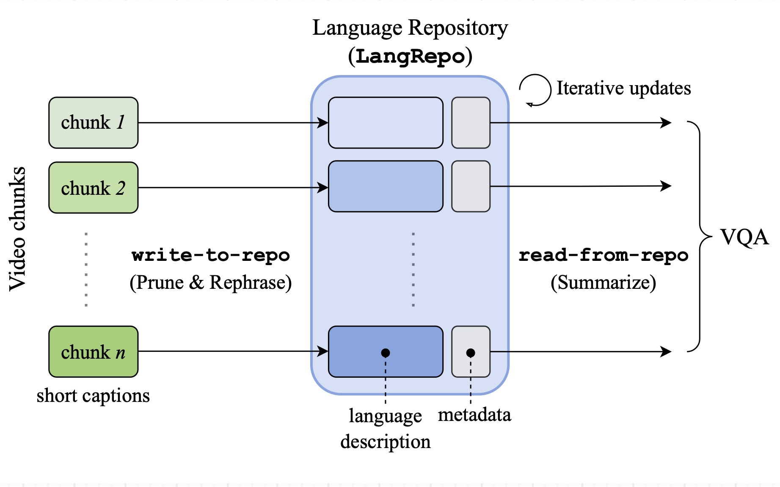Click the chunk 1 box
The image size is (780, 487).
(93, 123)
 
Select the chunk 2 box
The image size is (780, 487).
(93, 188)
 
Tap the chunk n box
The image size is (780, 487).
(93, 351)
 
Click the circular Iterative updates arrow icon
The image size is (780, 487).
(535, 90)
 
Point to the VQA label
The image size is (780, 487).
(744, 237)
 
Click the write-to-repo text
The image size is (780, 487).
(210, 255)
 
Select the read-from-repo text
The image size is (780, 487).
(604, 255)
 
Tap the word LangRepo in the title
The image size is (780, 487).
(410, 56)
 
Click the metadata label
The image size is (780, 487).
(474, 415)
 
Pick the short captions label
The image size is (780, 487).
(93, 396)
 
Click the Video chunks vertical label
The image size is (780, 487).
(18, 229)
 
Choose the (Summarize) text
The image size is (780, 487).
(604, 282)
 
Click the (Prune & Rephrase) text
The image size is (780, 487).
(210, 282)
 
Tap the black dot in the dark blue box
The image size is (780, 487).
(386, 353)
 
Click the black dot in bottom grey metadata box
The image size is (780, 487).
(471, 353)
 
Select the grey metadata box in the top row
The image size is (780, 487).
(471, 123)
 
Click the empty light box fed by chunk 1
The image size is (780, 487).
(386, 123)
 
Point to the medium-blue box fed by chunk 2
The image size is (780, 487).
(386, 186)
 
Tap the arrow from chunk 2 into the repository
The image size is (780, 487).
(233, 188)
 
